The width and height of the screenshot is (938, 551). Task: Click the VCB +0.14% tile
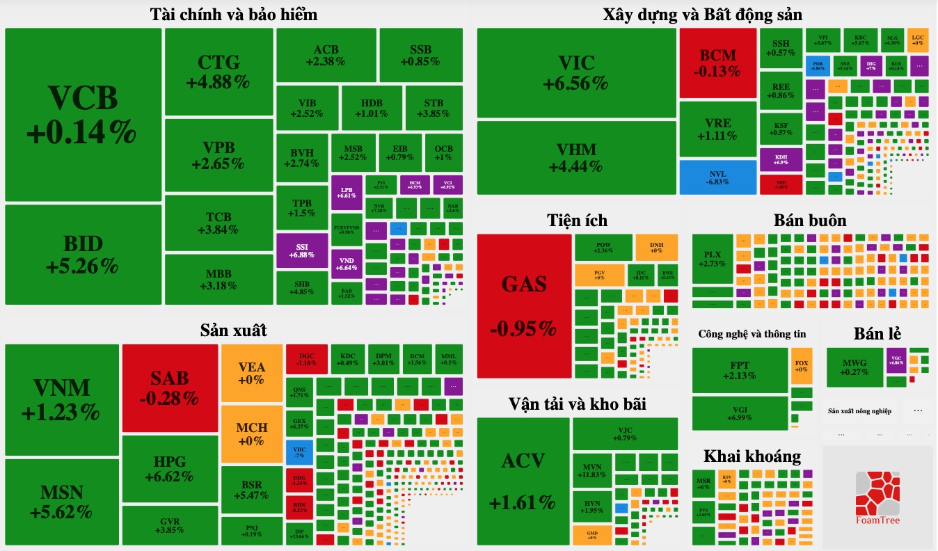(x=83, y=115)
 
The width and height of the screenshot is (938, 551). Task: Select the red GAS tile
(x=525, y=305)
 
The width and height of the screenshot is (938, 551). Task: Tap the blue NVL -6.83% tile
(x=717, y=177)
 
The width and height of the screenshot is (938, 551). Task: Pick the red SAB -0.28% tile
(x=170, y=388)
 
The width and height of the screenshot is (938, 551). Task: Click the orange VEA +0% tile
(x=251, y=373)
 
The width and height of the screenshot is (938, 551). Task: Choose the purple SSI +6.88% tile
(x=301, y=250)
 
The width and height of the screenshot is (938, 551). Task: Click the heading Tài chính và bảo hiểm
(x=234, y=14)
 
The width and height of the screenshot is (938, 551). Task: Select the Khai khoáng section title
(x=752, y=456)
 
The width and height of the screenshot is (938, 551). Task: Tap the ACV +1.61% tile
(x=524, y=481)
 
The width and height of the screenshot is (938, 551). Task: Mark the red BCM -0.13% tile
(x=717, y=63)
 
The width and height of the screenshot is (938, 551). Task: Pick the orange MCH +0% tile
(x=251, y=433)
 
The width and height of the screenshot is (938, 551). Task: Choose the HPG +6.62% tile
(x=169, y=470)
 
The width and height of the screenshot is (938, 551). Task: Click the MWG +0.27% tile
(x=854, y=367)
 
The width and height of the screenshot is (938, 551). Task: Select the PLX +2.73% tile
(x=713, y=259)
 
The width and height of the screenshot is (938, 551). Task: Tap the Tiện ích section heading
(x=577, y=221)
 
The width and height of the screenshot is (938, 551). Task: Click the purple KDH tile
(x=781, y=159)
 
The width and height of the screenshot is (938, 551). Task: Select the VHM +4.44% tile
(x=576, y=158)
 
